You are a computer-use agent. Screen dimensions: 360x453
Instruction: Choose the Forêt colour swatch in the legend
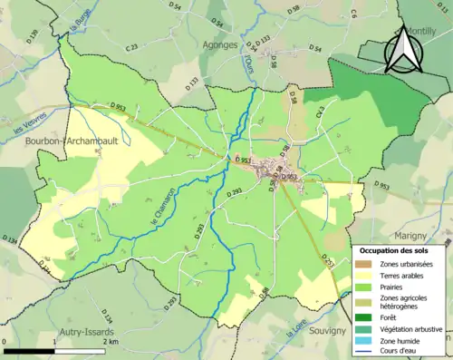click(x=364, y=316)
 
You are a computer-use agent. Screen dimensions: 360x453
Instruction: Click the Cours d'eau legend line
click(x=364, y=353)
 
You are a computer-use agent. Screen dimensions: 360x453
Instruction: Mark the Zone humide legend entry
click(x=400, y=341)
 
